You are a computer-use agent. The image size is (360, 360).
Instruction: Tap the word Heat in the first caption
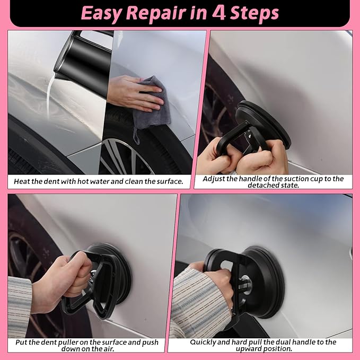click(23, 181)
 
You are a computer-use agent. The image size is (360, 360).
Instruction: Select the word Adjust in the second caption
click(215, 179)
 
